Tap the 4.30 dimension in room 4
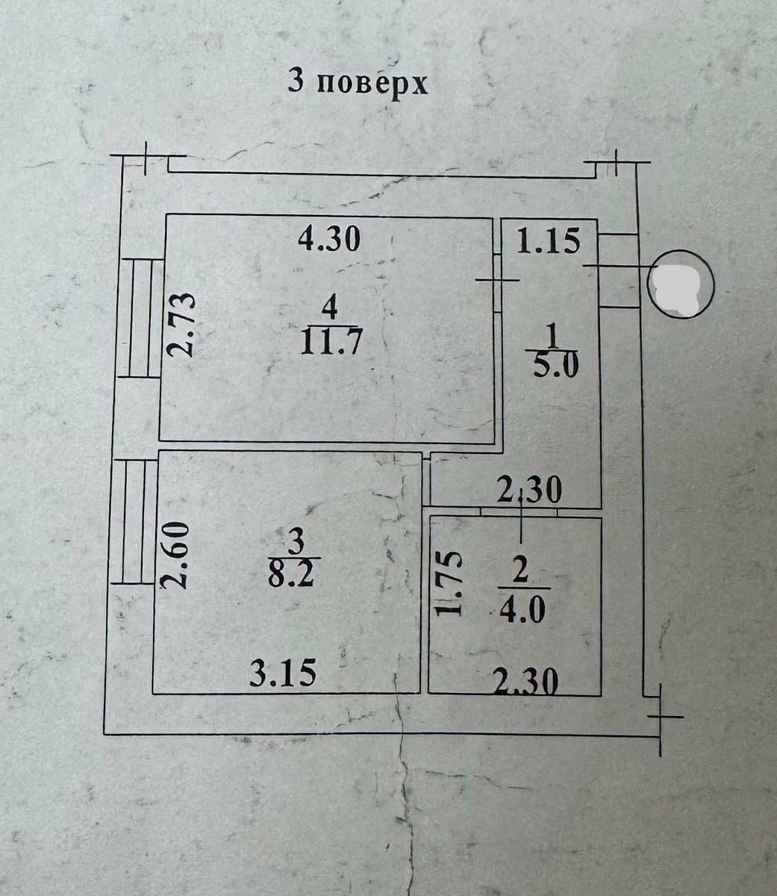click(x=329, y=240)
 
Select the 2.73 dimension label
click(x=181, y=325)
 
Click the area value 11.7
click(x=331, y=341)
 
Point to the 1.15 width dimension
click(x=548, y=241)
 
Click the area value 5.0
click(x=556, y=365)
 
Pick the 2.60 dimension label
click(x=174, y=555)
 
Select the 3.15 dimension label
click(x=283, y=673)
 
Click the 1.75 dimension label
click(x=450, y=584)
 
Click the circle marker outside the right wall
click(x=681, y=284)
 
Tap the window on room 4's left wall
click(x=140, y=318)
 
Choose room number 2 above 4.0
click(x=520, y=570)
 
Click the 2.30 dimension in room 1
click(x=530, y=490)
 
